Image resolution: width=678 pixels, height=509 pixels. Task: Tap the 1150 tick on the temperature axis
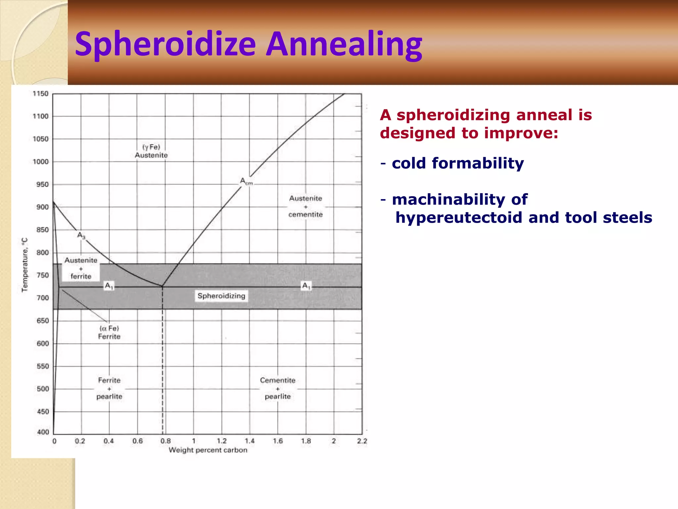(40, 94)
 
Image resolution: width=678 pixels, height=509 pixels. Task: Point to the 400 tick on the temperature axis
(43, 432)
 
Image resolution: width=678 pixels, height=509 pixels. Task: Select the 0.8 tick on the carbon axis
(166, 441)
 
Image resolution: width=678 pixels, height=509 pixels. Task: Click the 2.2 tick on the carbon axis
(362, 441)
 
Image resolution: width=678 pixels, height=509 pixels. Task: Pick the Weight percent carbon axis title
(208, 450)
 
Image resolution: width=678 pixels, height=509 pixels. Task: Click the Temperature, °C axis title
(25, 265)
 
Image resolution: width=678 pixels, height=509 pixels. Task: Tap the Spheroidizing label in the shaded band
(221, 296)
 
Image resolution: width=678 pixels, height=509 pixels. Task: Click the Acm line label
(246, 182)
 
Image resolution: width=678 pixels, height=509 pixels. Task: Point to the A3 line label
(81, 235)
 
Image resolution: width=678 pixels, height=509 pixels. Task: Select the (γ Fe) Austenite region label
(151, 151)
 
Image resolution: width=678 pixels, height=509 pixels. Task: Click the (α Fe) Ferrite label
(109, 332)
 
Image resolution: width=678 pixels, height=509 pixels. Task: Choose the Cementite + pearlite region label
(277, 388)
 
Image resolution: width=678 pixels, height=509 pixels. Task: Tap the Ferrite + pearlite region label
(109, 388)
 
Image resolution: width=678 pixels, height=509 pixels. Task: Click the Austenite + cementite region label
(305, 206)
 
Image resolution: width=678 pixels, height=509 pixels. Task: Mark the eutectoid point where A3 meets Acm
(162, 286)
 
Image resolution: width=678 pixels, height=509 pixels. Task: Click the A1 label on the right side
(306, 286)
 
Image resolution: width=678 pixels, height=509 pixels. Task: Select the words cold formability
(458, 163)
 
